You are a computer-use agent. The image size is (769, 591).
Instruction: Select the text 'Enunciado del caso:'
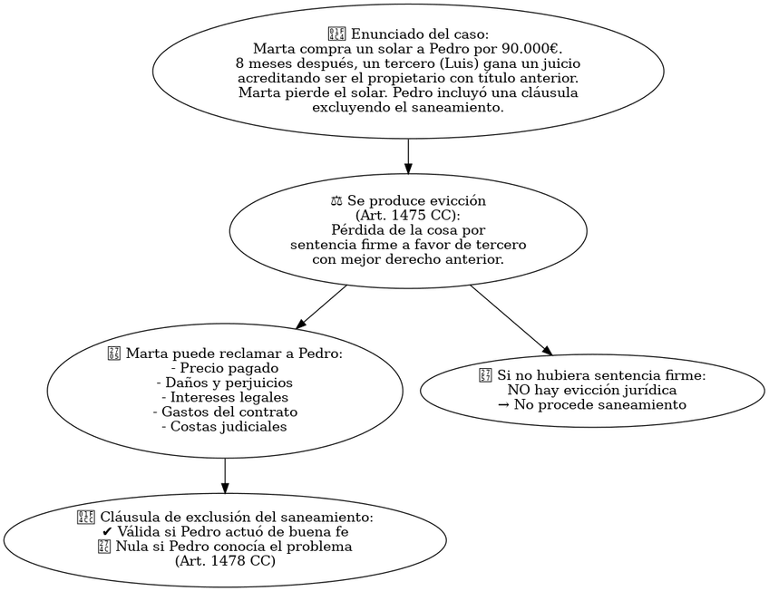(x=419, y=34)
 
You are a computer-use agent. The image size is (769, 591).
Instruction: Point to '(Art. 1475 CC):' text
(x=408, y=216)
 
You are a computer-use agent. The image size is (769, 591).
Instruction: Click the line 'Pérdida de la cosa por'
(x=408, y=230)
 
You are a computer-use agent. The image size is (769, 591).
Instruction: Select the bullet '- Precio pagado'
(x=225, y=368)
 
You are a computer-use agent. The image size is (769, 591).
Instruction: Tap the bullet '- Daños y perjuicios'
(x=225, y=383)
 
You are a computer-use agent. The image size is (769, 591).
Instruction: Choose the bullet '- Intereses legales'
(x=225, y=397)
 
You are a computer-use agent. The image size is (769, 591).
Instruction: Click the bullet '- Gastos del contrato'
(x=225, y=412)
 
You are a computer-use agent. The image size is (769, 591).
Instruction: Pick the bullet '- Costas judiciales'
(x=225, y=426)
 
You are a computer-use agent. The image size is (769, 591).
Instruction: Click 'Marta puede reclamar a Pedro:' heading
(x=232, y=354)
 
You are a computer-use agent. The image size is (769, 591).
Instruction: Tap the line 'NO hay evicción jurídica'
(x=591, y=390)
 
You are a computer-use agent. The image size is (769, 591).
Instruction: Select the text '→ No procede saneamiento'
(x=591, y=404)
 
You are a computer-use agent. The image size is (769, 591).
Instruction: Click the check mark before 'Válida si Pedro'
(x=109, y=532)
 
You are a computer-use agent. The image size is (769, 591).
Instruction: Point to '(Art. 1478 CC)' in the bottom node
(x=225, y=561)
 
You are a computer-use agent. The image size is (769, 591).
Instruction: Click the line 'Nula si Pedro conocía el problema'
(x=232, y=547)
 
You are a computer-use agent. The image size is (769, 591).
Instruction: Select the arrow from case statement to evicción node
(x=408, y=156)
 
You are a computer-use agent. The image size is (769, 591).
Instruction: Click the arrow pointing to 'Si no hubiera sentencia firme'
(x=510, y=320)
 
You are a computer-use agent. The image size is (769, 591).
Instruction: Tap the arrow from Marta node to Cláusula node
(x=225, y=476)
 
